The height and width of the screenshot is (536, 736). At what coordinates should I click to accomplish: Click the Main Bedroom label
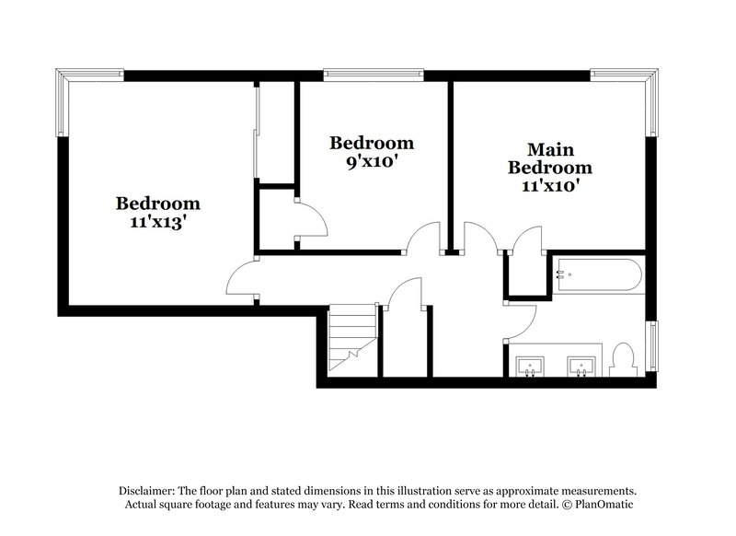tap(550, 158)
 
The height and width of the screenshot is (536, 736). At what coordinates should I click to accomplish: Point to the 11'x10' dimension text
tap(550, 184)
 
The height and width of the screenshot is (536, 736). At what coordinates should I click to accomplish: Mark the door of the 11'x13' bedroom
tap(241, 279)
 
